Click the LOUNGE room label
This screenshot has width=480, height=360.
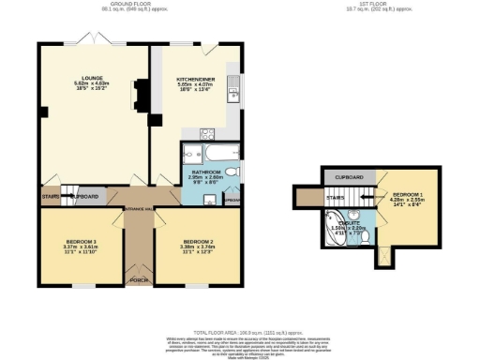(x=94, y=79)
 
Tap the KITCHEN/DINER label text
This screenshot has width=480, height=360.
(x=196, y=79)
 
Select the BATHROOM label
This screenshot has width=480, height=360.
(x=204, y=172)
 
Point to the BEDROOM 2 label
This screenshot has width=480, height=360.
(x=202, y=242)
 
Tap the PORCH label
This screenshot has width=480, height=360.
(x=139, y=278)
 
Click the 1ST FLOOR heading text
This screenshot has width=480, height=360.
(x=367, y=5)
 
